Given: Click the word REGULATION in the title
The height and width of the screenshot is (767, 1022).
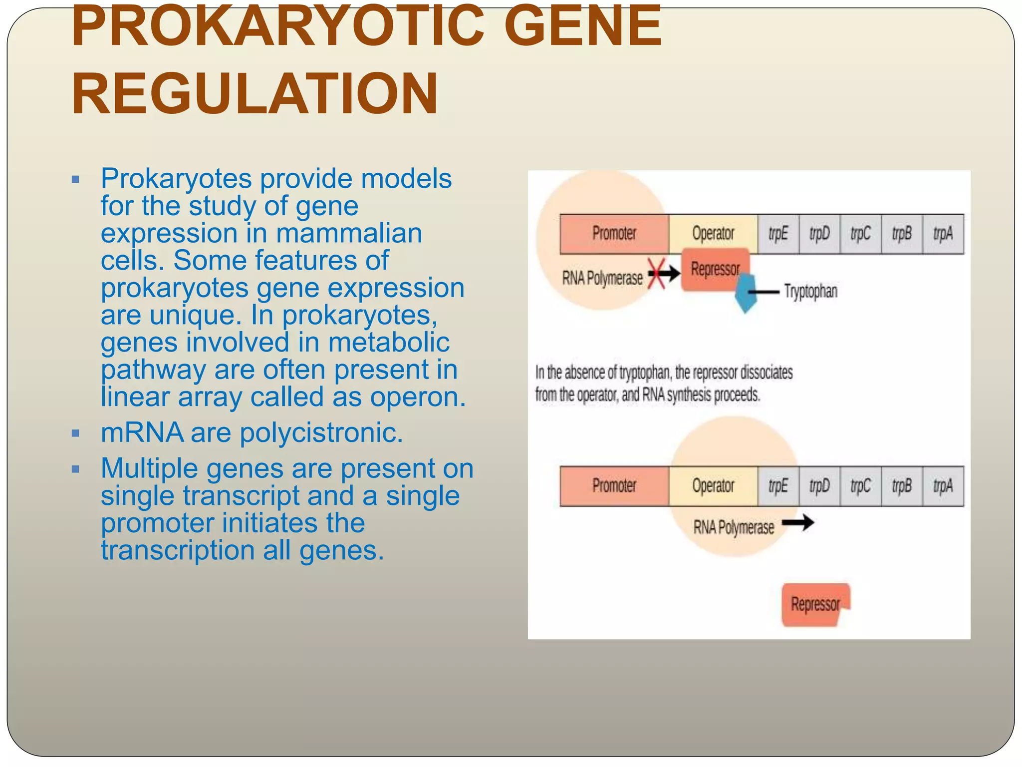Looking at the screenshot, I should point(255,94).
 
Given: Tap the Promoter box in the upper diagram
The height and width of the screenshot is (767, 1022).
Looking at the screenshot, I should point(614,234).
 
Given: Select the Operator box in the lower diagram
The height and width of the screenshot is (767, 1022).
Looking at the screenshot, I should point(713,486).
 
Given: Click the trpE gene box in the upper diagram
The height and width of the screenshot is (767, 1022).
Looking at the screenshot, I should point(778,234).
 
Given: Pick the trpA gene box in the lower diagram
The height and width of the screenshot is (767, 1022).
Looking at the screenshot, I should point(943,486).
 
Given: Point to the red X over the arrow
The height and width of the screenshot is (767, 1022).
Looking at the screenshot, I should point(656,273).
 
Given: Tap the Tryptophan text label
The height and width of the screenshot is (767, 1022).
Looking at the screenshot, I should point(810,291).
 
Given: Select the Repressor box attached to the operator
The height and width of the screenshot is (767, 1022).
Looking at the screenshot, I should point(715,270).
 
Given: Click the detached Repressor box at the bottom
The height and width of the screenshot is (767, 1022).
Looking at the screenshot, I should point(815,604).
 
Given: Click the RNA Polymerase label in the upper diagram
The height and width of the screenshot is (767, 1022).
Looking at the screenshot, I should point(602,278).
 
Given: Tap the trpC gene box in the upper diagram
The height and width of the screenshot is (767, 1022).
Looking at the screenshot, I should point(860,234).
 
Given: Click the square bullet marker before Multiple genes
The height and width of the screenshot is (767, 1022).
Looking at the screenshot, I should point(75,469).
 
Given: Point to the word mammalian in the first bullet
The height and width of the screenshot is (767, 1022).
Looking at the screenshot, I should point(349,233).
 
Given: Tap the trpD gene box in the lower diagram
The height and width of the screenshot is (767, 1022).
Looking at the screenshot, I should point(819,486).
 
